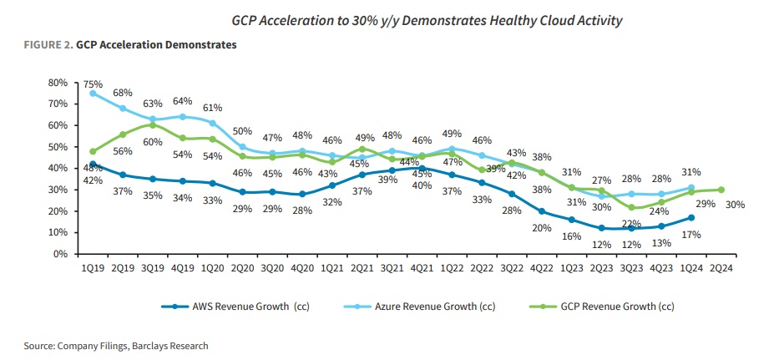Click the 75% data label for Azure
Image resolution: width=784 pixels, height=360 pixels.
point(92,84)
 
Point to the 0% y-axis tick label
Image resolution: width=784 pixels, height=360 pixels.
point(58,254)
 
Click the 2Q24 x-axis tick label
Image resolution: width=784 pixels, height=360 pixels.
point(721,268)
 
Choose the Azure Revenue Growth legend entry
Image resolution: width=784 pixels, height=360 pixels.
point(414,307)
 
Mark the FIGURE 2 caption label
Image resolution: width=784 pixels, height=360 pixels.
point(46,45)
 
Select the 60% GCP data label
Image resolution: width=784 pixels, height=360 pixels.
point(153,141)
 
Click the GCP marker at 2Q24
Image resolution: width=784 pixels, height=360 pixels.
point(721,190)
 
